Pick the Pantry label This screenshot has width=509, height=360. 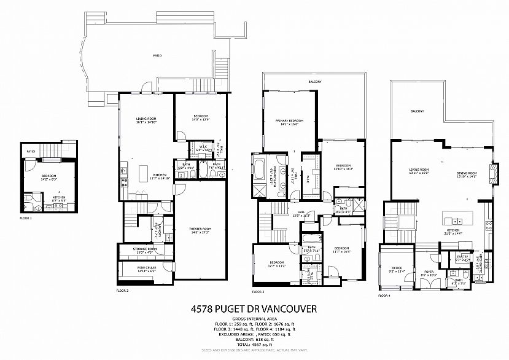461,259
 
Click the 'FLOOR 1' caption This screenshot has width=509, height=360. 25,218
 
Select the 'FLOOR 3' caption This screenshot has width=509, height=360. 258,292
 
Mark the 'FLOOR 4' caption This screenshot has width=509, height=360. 385,296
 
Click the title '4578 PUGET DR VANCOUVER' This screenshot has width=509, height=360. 254,309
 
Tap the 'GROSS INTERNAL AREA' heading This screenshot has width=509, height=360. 254,319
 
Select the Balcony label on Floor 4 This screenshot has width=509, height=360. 418,111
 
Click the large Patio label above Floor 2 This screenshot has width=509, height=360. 157,56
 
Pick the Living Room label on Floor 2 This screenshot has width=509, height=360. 146,119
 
